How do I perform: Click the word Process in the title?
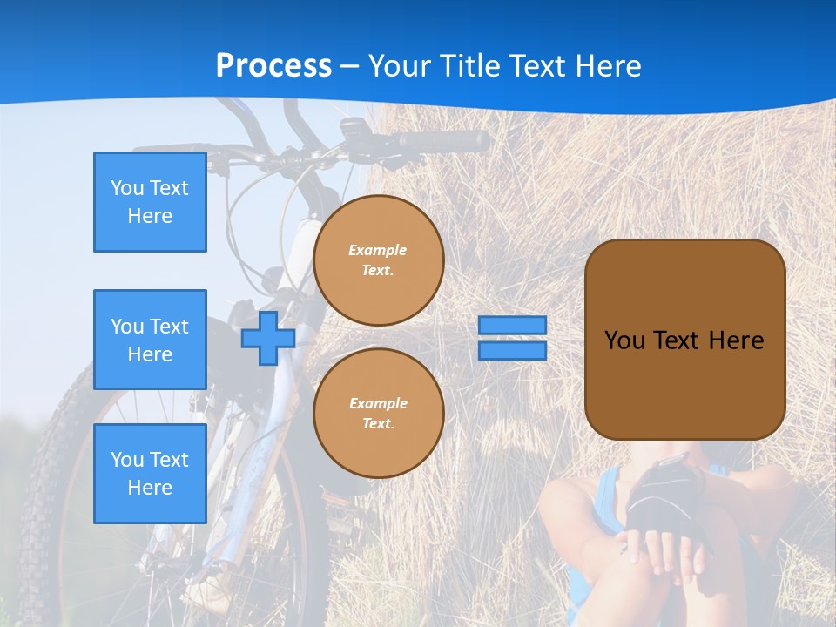click(273, 66)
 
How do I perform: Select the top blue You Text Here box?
click(150, 202)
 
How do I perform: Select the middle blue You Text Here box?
click(150, 340)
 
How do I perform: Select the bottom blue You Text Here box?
click(150, 474)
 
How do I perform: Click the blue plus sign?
click(267, 338)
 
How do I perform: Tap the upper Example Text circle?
click(379, 260)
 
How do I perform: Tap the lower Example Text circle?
click(379, 414)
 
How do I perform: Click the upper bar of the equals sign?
click(512, 325)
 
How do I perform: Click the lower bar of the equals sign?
click(512, 350)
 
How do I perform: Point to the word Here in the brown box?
click(736, 340)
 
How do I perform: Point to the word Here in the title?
click(610, 66)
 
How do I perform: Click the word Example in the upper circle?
click(378, 250)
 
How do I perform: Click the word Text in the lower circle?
click(378, 423)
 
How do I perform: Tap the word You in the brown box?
click(624, 340)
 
